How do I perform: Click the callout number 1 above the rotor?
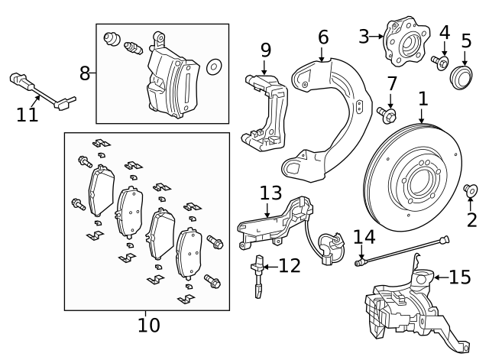pos(423,99)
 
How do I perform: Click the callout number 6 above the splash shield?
pos(322,37)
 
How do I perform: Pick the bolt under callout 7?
pos(386,115)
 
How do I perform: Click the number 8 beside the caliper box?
pos(85,73)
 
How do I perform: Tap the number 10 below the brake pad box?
pos(149,325)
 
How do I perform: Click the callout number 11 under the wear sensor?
pos(28,115)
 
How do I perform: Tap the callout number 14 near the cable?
pos(365,238)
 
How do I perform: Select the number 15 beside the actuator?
pos(460,277)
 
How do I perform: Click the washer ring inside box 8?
pos(214,66)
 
